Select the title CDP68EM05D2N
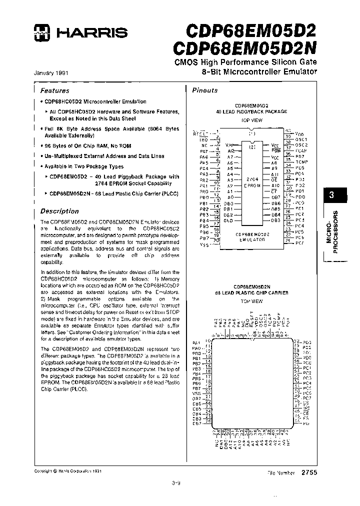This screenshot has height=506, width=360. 244,48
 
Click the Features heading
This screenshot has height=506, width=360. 55,90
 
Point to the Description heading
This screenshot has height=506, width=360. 59,211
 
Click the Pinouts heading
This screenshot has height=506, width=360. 205,90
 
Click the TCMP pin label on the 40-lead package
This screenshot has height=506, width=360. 302,162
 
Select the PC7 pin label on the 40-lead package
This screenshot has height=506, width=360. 299,242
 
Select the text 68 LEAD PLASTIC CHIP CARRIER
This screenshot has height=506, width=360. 251,292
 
